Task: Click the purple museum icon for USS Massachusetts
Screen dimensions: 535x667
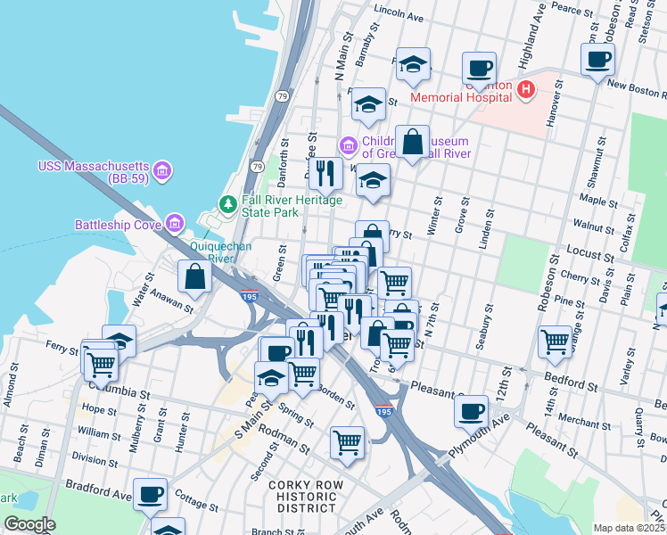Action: click(161, 169)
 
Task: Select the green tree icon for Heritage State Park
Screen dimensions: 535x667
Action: click(229, 204)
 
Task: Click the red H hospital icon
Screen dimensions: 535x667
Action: click(525, 90)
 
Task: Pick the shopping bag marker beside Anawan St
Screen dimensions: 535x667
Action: click(194, 277)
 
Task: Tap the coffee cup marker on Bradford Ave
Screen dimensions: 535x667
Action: click(150, 493)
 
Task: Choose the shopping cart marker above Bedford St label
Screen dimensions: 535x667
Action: click(555, 342)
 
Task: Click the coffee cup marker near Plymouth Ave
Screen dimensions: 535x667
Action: click(471, 412)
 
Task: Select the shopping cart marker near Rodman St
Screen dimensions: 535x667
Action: click(347, 442)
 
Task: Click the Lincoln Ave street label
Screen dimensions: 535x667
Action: click(399, 15)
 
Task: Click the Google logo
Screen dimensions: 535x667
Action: click(30, 525)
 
